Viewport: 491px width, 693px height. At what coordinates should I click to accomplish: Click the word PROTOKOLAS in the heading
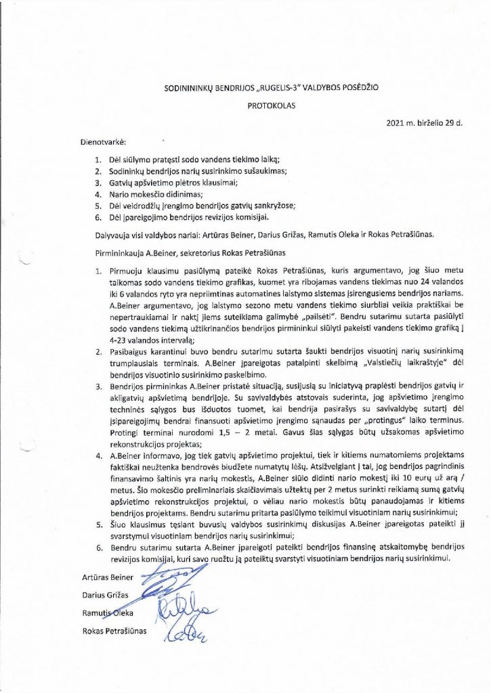(x=267, y=106)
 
